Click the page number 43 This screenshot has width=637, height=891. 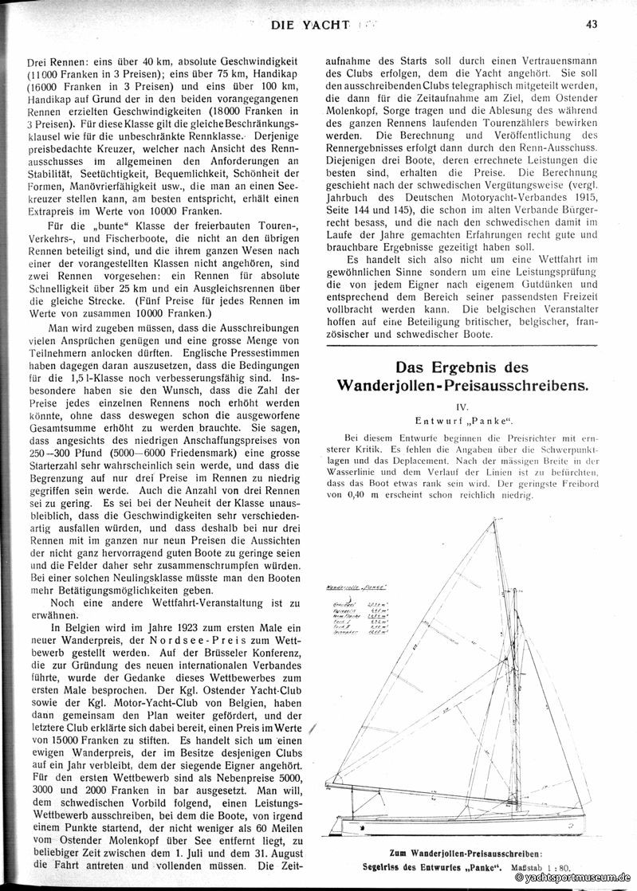[x=591, y=24]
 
